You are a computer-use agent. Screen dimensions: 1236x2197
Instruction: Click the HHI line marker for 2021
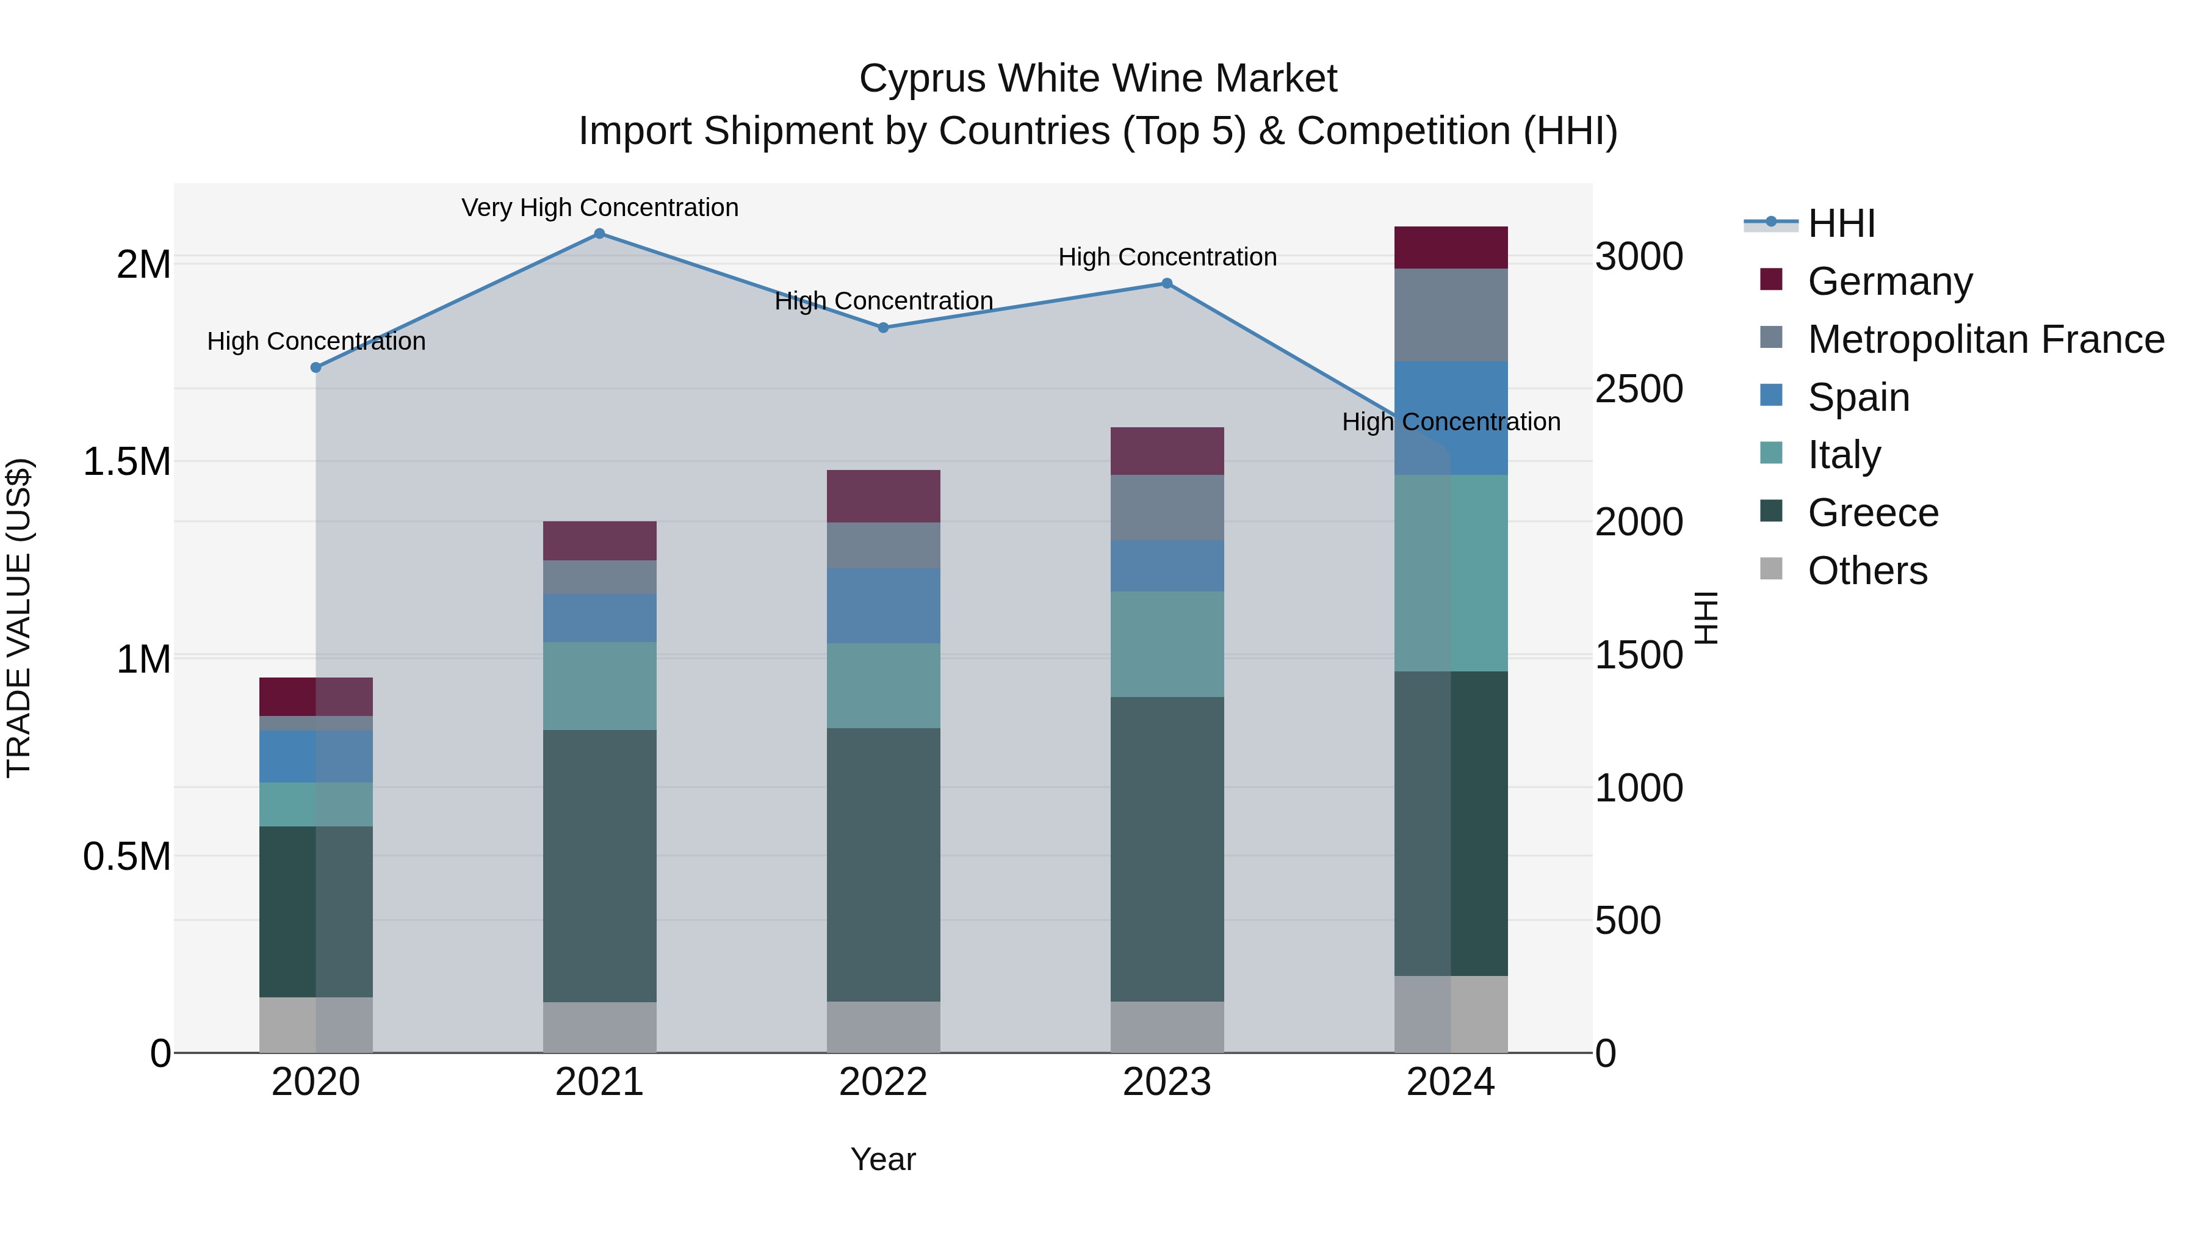(x=599, y=234)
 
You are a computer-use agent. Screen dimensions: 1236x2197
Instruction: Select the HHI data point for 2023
(x=1167, y=283)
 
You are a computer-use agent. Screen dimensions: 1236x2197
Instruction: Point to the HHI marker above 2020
(x=316, y=367)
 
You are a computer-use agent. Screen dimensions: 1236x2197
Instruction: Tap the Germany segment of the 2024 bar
(x=1451, y=247)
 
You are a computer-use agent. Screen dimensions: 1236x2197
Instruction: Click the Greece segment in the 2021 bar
(x=599, y=865)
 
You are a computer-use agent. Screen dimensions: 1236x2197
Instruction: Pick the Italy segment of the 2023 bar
(x=1167, y=644)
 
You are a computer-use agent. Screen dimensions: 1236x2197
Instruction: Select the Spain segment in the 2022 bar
(x=884, y=605)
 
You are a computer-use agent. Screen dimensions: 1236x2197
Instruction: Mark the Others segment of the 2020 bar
(x=316, y=1024)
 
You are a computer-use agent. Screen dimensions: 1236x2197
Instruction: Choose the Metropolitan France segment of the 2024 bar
(x=1451, y=315)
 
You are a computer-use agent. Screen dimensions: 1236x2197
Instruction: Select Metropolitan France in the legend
(x=1985, y=339)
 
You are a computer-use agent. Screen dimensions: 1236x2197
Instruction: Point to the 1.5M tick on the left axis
(x=127, y=461)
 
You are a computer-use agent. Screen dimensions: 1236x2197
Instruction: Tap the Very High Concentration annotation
(x=599, y=208)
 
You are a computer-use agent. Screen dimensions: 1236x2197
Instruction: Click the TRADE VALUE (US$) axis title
(x=19, y=618)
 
